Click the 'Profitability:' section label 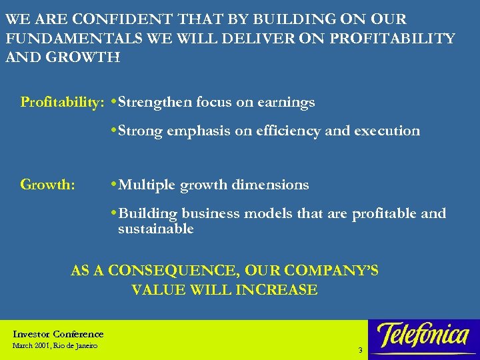coord(62,103)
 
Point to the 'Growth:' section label coord(48,185)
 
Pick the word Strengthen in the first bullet coord(154,103)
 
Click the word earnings coord(285,103)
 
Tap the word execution coord(387,131)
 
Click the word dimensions coord(270,185)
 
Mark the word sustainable coord(155,229)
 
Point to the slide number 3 coord(360,350)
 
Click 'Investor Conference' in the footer coord(58,334)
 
